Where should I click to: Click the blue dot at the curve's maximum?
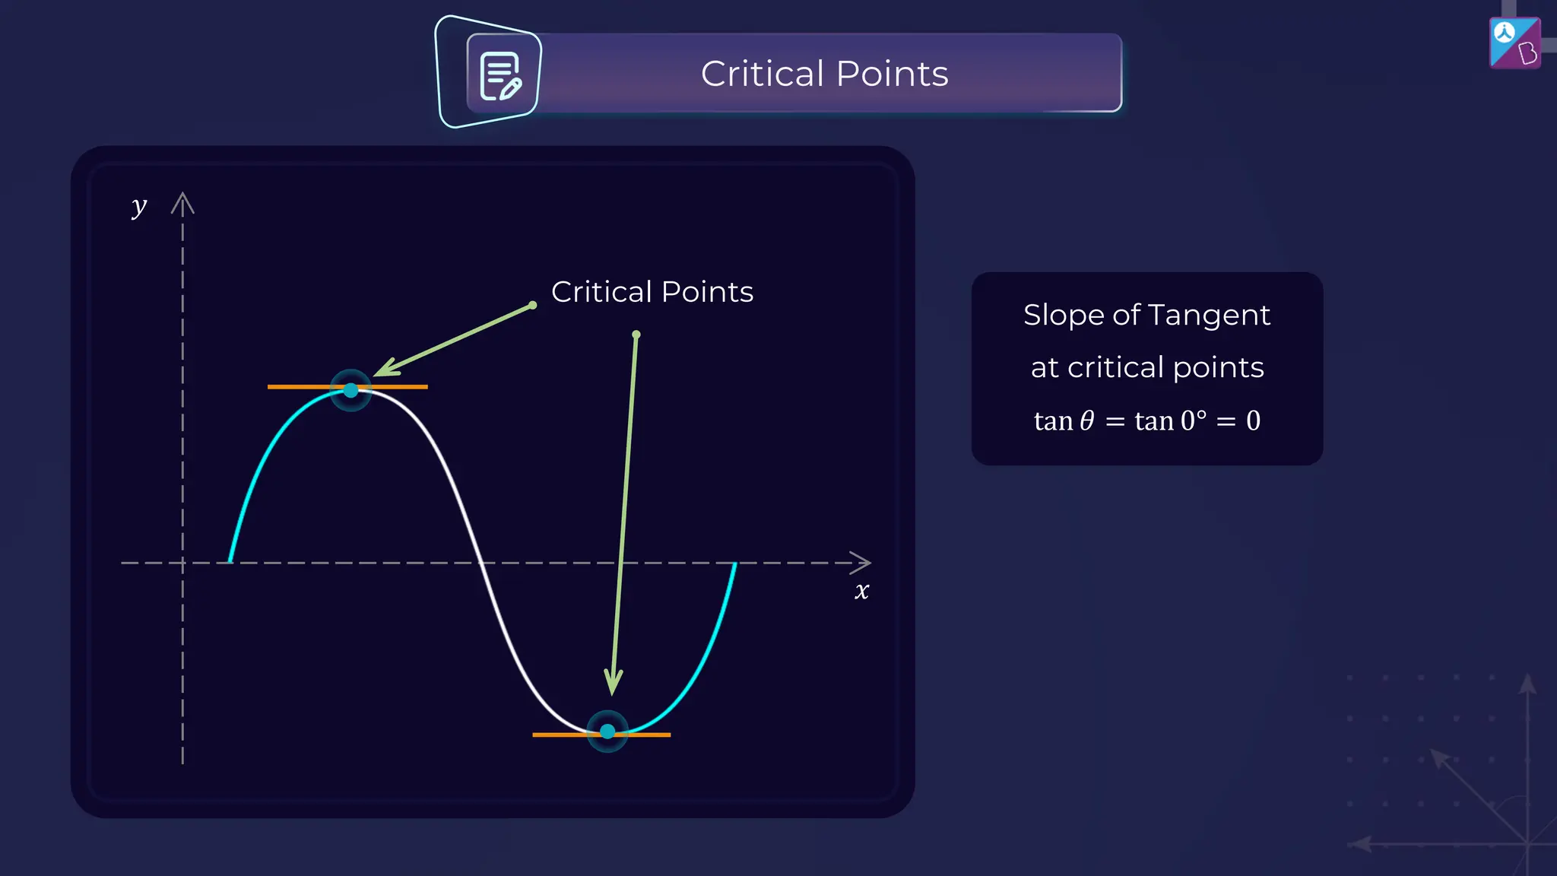click(x=350, y=390)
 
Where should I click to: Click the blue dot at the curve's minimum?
click(x=607, y=732)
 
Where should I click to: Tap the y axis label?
click(x=138, y=206)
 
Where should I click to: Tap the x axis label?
click(x=861, y=591)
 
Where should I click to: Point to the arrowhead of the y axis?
click(x=182, y=202)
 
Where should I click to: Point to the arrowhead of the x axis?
click(x=862, y=563)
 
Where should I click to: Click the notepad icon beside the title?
click(x=500, y=76)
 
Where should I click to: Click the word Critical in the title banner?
click(x=762, y=74)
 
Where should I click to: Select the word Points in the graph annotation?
click(x=707, y=292)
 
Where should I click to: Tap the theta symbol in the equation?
click(x=1087, y=421)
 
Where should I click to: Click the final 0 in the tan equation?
click(x=1253, y=421)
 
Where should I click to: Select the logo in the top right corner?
click(x=1514, y=43)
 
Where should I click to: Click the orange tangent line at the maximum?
click(x=403, y=387)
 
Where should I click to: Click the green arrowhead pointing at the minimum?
click(x=613, y=682)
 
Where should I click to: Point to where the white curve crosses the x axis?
click(x=480, y=563)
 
